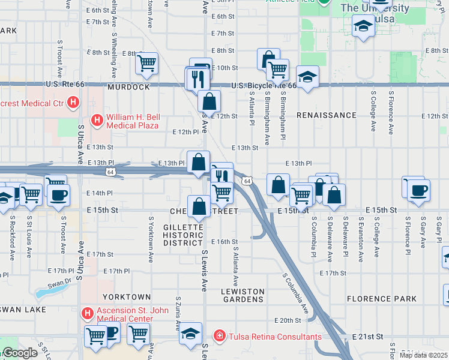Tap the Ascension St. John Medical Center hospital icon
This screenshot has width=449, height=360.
87,313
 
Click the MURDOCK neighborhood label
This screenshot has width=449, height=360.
128,87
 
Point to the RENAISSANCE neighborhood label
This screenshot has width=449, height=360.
327,115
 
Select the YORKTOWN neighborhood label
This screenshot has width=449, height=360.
127,297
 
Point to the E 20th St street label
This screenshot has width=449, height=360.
287,321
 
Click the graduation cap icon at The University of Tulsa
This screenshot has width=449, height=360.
363,26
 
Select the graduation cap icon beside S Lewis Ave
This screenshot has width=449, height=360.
191,334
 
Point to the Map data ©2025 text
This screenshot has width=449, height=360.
423,355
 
